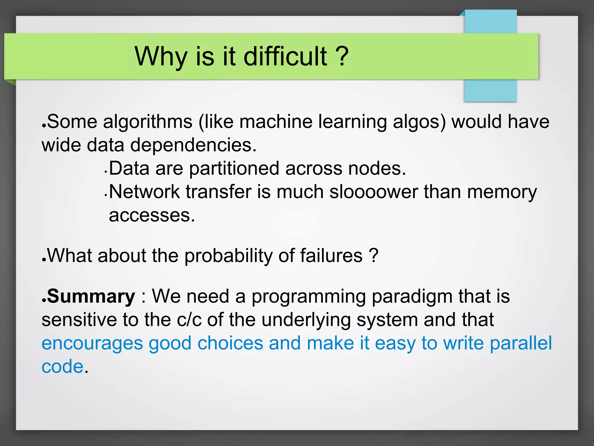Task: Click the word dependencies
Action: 193,145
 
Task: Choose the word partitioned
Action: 234,168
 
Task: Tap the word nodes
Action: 377,168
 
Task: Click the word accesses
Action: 152,215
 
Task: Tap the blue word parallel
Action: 521,343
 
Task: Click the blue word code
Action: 63,366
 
